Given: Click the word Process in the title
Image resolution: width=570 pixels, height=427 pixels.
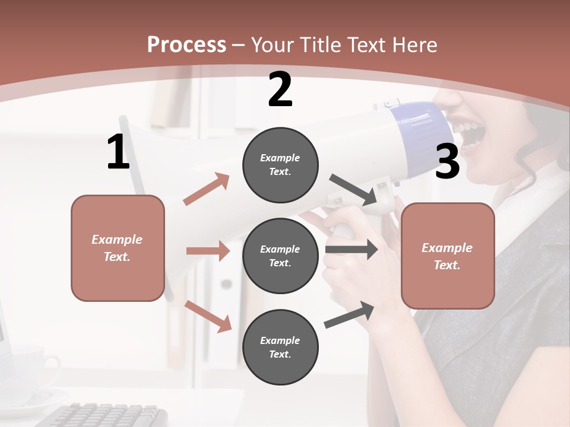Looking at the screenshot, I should point(186,45).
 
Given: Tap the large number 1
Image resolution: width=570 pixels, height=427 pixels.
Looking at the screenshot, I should point(118,152).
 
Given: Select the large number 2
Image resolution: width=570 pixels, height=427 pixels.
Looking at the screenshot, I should point(280,90).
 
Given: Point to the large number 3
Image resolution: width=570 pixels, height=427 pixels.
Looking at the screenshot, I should point(447,162).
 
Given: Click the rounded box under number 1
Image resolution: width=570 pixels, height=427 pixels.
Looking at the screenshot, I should point(118,248).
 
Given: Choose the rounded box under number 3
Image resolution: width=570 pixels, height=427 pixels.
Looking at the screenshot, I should point(448,256).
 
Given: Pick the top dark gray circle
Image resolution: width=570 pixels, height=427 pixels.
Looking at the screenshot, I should point(280,165).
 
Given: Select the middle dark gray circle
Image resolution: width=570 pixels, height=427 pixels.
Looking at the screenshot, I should point(280,256).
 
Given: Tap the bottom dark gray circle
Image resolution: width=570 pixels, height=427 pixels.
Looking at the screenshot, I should point(280,347).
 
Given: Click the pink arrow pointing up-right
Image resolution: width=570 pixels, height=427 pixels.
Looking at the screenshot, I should point(207,189).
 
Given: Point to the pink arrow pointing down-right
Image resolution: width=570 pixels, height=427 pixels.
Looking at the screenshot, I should point(208,316).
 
